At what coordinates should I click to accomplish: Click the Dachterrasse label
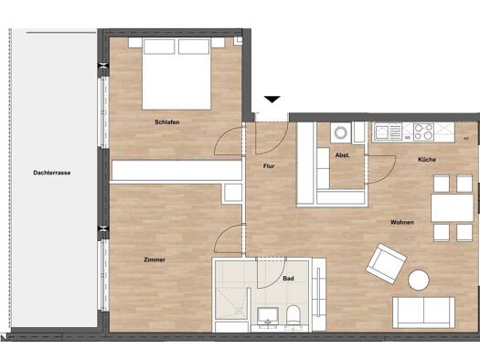click(x=52, y=173)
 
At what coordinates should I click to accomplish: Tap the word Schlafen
click(x=166, y=122)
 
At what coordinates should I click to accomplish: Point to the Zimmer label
click(x=155, y=259)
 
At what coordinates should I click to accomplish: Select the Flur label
click(x=269, y=166)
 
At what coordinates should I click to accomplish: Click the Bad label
click(x=288, y=279)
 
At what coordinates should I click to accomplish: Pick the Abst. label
click(x=342, y=155)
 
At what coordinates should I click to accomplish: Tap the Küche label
click(x=427, y=159)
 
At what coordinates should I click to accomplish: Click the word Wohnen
click(x=402, y=222)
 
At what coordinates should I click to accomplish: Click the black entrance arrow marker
click(x=272, y=100)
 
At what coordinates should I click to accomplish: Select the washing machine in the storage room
click(x=340, y=132)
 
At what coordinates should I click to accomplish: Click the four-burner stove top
click(x=423, y=132)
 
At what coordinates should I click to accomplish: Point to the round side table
click(x=419, y=280)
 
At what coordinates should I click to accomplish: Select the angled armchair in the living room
click(x=386, y=264)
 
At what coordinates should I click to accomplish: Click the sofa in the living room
click(x=423, y=312)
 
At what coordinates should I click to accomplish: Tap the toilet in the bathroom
click(x=293, y=315)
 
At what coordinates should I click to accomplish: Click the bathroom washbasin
click(x=268, y=315)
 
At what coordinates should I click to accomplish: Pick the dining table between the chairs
click(x=453, y=208)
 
